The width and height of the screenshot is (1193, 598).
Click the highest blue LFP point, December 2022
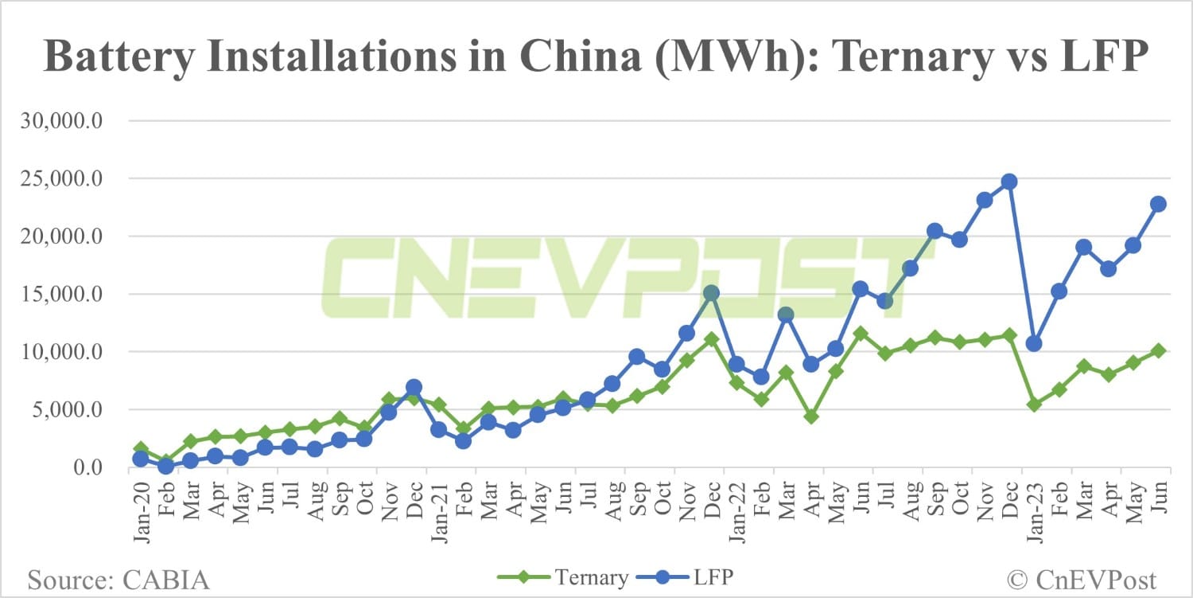(x=1009, y=182)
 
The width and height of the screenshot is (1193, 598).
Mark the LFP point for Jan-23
(x=1034, y=344)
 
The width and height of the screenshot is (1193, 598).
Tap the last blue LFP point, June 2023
(x=1158, y=204)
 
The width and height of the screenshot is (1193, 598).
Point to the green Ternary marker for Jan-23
(x=1034, y=405)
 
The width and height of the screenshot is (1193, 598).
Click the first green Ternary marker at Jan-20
(x=141, y=449)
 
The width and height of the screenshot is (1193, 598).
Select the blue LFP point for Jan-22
(x=736, y=364)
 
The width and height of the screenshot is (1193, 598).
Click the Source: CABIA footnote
(x=119, y=579)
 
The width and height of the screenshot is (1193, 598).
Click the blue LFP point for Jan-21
(x=438, y=429)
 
